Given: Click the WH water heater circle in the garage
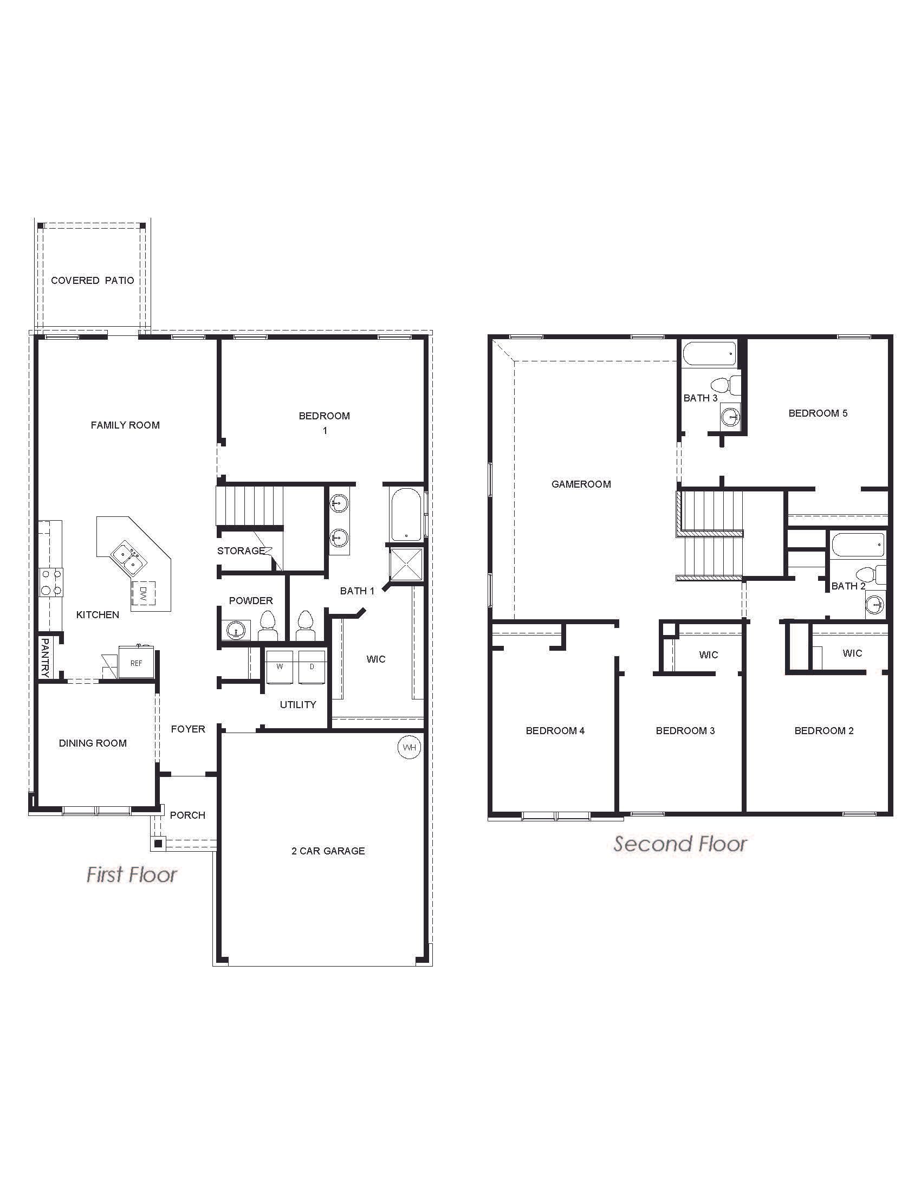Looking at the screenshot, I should pos(409,748).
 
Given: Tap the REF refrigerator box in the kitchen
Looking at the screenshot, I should pos(136,663).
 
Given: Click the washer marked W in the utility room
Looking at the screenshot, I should pos(280,666).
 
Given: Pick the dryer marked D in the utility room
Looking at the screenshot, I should pos(312,666).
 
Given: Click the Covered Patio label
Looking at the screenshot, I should pos(92,281).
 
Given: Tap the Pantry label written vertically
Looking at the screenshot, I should pos(45,658).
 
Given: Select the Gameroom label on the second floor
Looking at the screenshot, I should pos(581,484).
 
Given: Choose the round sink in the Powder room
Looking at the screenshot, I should pos(236,630).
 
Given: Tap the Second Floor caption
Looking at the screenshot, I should pos(680,844).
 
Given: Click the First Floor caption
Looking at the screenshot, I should pos(132,875).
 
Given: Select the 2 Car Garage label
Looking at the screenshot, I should pos(328,851).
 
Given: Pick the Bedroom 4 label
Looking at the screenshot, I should pos(555,731).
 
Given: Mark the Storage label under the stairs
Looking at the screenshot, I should pos(241,550).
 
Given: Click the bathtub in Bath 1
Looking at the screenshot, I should pos(406,514).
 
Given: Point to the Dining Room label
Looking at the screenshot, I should pos(93,743).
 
